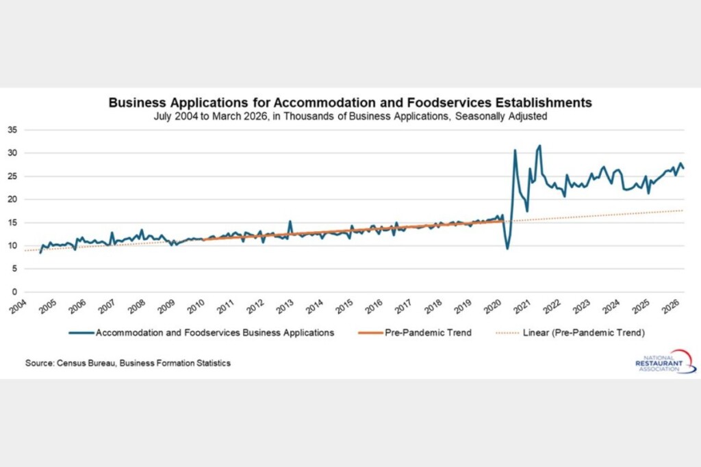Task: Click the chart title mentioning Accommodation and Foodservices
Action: click(350, 103)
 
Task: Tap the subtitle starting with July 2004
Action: click(350, 116)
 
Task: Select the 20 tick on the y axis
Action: click(13, 199)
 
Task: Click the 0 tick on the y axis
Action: click(15, 292)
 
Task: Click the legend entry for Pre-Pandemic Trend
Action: click(415, 333)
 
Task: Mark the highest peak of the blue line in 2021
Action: click(539, 146)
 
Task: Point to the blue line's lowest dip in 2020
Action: click(507, 248)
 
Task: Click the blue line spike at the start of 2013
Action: click(290, 221)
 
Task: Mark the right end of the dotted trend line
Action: click(683, 211)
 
